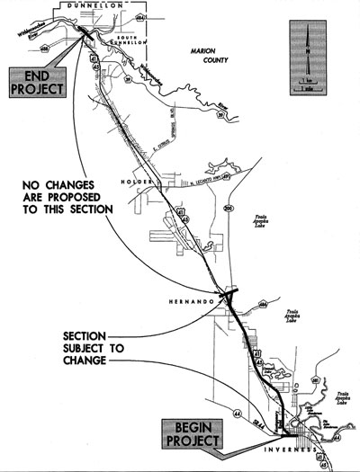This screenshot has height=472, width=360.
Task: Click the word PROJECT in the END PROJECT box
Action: click(x=37, y=90)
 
